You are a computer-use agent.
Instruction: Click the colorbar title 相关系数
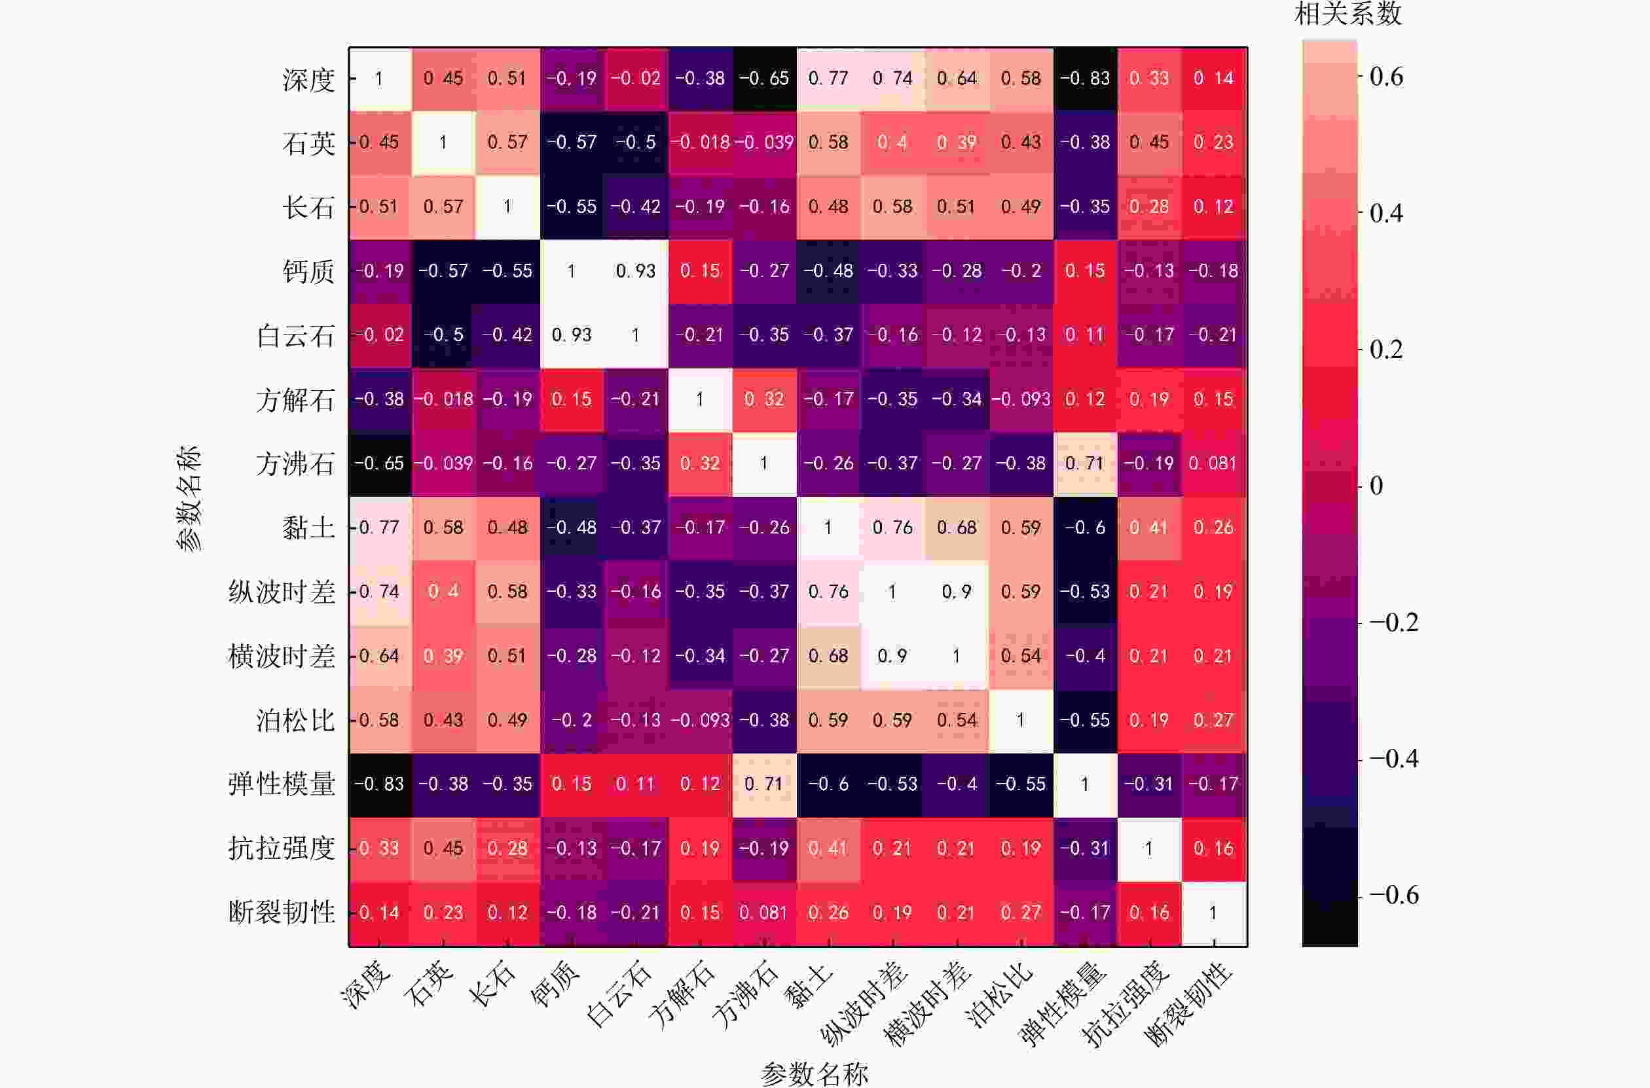(x=1347, y=14)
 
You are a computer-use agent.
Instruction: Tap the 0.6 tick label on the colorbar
(x=1386, y=77)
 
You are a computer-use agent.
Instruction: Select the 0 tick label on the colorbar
(x=1376, y=486)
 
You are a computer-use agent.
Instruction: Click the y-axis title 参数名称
(x=188, y=498)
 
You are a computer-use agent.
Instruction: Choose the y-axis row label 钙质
(x=308, y=270)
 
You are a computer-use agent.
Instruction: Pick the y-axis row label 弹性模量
(x=281, y=784)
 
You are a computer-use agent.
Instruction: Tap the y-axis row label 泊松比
(x=295, y=720)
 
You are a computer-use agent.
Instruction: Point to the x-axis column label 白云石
(x=618, y=995)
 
